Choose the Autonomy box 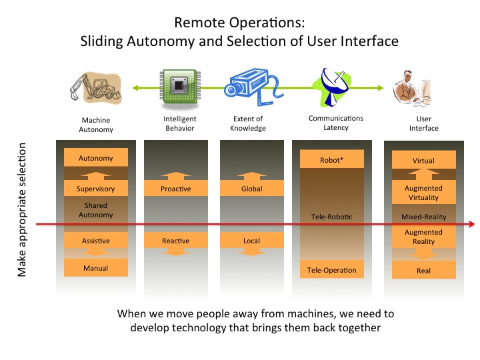pos(96,159)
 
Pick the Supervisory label pos(96,189)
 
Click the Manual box pos(96,268)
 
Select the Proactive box pos(176,189)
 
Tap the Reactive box pos(176,241)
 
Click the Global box pos(252,189)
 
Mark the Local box pos(252,241)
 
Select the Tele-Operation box pos(332,270)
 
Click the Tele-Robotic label pos(332,217)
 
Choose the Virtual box pos(424,161)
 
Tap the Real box pos(424,271)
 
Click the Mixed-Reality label pos(424,217)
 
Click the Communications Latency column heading pos(336,123)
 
